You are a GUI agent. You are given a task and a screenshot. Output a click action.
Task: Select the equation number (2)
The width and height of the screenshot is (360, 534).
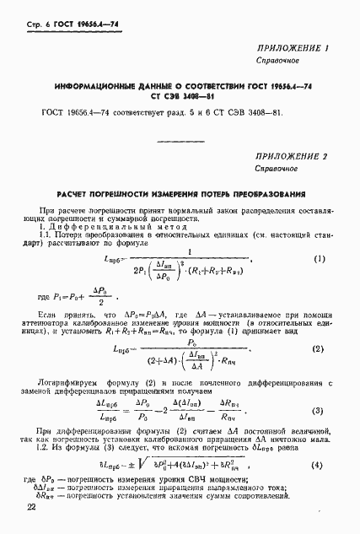click(318, 326)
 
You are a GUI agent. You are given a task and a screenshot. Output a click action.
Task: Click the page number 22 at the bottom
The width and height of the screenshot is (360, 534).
click(31, 505)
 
